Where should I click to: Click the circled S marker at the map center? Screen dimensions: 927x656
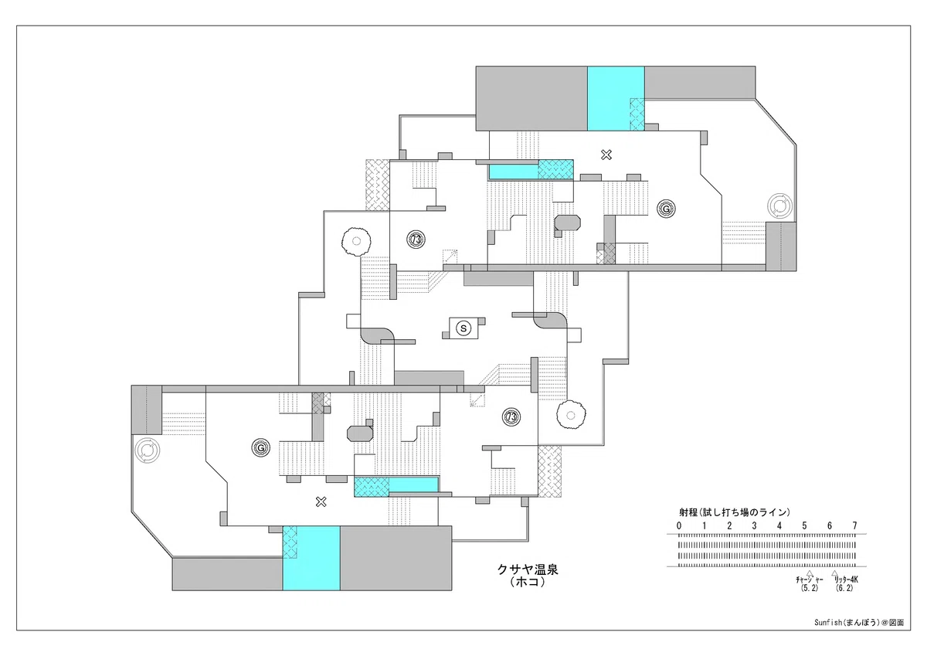[463, 328]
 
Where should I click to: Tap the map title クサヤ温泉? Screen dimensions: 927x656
[528, 569]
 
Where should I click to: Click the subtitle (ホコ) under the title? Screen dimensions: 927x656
[528, 583]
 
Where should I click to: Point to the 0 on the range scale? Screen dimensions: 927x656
[679, 525]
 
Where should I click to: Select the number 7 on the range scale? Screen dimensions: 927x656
[854, 525]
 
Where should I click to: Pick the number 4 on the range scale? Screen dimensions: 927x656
[779, 525]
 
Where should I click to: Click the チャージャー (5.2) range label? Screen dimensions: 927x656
[810, 583]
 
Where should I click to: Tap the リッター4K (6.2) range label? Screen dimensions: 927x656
[845, 583]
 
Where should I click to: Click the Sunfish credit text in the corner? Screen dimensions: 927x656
[859, 634]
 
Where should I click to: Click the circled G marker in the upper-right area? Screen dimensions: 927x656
[666, 209]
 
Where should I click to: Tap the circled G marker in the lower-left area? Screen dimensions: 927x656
[261, 448]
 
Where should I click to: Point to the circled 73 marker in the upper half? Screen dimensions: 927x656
[416, 240]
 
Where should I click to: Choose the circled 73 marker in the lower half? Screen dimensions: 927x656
[511, 416]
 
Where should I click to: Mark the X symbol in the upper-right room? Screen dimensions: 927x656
[606, 155]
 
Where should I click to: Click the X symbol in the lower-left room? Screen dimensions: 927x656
[321, 502]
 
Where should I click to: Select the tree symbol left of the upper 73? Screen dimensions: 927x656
[356, 241]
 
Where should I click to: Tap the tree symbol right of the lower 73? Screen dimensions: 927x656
[571, 415]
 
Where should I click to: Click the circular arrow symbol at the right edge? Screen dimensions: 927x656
[779, 206]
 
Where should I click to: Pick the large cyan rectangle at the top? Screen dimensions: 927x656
[616, 98]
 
